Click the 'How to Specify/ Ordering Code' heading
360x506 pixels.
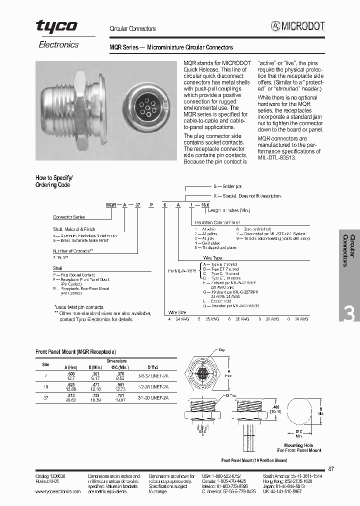pos(54,181)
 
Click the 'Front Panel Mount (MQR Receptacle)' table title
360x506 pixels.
pos(75,352)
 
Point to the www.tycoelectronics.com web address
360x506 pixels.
pos(58,491)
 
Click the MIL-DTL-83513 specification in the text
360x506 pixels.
pos(276,156)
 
